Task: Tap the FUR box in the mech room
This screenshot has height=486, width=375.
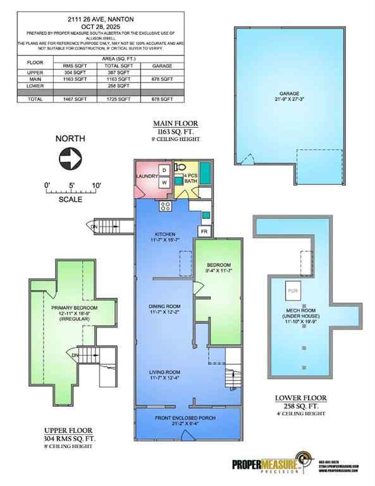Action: tap(292, 290)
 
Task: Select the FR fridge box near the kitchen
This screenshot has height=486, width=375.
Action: tap(204, 232)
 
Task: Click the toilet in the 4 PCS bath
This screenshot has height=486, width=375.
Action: tap(180, 169)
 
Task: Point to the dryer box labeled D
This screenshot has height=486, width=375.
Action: tap(163, 170)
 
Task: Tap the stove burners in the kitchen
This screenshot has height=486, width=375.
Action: tap(166, 205)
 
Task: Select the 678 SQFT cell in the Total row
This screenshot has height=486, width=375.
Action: tap(163, 100)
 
